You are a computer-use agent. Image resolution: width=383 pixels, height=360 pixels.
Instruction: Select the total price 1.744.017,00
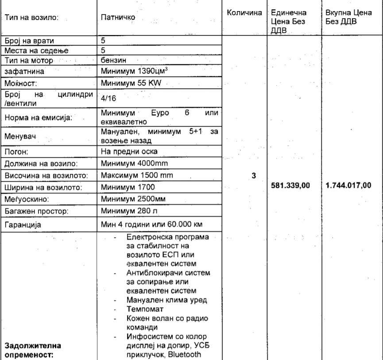pyautogui.click(x=346, y=185)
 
